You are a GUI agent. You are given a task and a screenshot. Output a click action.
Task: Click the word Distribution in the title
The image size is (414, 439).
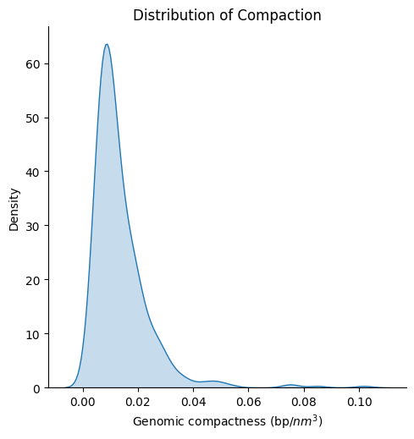[174, 15]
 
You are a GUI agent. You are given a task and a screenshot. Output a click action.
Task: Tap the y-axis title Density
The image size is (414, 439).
[14, 210]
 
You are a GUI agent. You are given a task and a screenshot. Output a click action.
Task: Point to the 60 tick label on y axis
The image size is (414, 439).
[33, 64]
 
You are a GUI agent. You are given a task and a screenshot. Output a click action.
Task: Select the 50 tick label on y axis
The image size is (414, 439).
[33, 118]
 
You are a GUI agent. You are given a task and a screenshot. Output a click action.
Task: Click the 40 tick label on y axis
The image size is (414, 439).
[33, 173]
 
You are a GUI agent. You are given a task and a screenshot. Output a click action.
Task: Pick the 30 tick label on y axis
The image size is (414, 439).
[33, 227]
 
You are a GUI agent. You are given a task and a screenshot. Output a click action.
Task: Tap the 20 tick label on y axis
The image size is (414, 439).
[33, 280]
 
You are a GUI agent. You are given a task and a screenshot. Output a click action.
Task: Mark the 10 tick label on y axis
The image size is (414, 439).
[33, 334]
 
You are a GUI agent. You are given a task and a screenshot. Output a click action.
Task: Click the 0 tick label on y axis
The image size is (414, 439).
[37, 389]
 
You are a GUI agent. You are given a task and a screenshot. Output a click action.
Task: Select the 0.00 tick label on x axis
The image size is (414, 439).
[83, 402]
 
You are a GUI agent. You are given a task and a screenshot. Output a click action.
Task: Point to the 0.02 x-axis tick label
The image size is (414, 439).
[138, 402]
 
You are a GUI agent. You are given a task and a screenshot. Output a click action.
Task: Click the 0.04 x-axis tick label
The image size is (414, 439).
[193, 402]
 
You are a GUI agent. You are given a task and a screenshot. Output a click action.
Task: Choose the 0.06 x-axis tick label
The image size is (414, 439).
[248, 402]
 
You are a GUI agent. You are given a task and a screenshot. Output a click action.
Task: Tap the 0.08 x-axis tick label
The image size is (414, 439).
[304, 402]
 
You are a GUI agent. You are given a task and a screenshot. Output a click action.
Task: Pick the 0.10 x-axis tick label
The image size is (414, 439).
[359, 402]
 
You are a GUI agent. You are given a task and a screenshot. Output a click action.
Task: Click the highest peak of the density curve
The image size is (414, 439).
[107, 44]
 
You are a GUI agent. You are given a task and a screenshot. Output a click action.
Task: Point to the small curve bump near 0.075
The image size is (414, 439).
[291, 385]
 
